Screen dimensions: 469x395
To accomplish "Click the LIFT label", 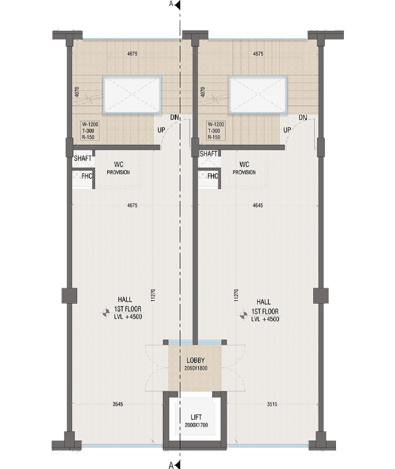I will tap(196, 417).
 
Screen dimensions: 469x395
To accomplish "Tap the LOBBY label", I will tap(196, 361).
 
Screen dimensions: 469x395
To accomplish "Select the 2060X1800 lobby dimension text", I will tap(196, 368).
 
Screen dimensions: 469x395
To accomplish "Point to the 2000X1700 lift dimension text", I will tap(196, 425).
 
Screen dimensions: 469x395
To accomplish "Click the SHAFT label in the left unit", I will tap(83, 158).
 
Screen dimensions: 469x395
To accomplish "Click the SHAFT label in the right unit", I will tap(209, 154).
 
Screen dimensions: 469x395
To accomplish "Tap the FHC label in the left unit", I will tap(87, 176).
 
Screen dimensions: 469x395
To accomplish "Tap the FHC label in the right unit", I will tap(213, 176).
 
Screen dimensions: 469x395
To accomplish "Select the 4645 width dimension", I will tap(258, 205).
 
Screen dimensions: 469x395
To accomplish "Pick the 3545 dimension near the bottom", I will tap(118, 404).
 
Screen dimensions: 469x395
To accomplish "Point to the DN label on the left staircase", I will tap(175, 118).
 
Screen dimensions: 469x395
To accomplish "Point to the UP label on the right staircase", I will tap(287, 130).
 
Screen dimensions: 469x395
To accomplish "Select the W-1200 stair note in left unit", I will tap(90, 124).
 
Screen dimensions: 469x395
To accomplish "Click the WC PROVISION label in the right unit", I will tap(244, 168).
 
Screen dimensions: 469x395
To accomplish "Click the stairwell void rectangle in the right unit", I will tap(258, 94).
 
